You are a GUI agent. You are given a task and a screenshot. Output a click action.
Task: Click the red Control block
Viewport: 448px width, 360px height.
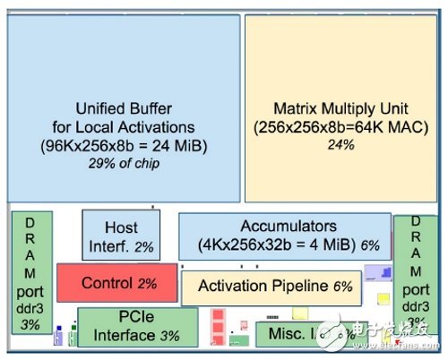105,282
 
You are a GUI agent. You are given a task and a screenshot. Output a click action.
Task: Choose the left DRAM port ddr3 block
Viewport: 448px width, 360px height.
30,272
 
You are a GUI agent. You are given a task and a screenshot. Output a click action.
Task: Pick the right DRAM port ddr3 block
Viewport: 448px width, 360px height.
415,272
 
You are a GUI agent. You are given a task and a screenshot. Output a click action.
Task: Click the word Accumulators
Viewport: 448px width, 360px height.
288,226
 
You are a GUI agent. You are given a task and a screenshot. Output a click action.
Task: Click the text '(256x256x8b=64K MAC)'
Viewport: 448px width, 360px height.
340,125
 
